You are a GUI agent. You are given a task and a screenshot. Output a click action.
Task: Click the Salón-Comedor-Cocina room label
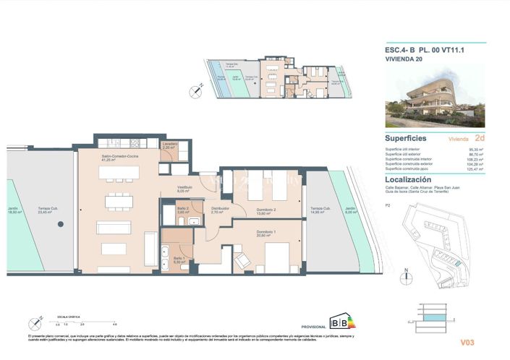(118, 158)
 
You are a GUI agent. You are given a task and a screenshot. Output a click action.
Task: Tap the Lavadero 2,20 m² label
(169, 145)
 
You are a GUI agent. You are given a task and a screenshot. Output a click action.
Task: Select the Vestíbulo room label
(184, 189)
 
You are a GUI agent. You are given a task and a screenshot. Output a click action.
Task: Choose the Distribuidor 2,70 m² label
(220, 211)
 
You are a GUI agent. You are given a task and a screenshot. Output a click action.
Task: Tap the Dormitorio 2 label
(266, 210)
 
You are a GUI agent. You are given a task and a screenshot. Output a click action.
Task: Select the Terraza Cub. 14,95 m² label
(320, 210)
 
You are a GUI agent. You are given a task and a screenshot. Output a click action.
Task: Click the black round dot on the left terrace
(58, 224)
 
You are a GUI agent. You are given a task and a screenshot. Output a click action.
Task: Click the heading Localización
(408, 179)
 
